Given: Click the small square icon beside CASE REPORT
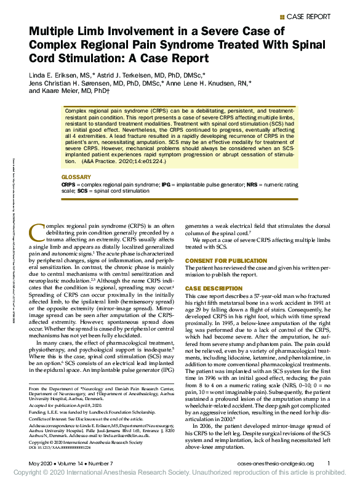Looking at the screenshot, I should pos(282,16).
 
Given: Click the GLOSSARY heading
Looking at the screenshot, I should pos(76,177).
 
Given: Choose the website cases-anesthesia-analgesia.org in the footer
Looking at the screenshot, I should pos(277,464).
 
